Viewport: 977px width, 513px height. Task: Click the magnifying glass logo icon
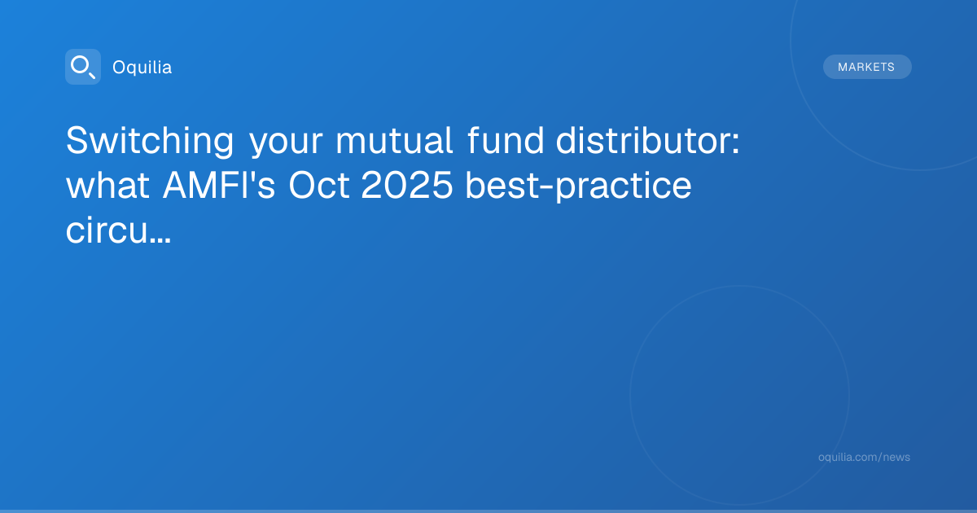click(83, 67)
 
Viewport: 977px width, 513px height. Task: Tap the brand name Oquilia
click(142, 68)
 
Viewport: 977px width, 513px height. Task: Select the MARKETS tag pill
click(867, 67)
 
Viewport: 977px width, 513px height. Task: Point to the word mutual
click(394, 140)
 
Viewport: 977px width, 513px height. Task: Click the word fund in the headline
click(506, 140)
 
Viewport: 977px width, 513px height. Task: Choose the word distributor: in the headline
click(648, 140)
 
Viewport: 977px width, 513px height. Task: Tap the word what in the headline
click(107, 185)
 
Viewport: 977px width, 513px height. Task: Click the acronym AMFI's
click(219, 185)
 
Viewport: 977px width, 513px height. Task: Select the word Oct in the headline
click(319, 185)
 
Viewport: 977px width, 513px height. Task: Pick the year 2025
click(407, 185)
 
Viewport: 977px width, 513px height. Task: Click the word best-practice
click(578, 186)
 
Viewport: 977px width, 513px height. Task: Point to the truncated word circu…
click(118, 230)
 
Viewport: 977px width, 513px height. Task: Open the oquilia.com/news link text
click(864, 457)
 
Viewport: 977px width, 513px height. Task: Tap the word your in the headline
click(286, 142)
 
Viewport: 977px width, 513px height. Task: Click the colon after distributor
click(736, 143)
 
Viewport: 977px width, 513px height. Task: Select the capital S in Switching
click(77, 140)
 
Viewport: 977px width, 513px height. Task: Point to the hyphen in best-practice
click(547, 187)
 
